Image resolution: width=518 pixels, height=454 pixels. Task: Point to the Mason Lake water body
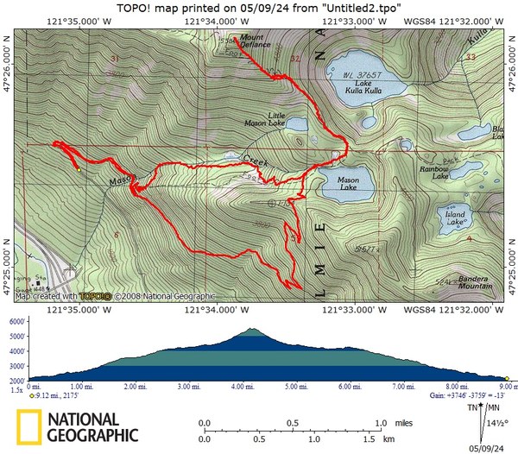(x=346, y=185)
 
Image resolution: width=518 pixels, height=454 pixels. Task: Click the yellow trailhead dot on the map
(x=79, y=170)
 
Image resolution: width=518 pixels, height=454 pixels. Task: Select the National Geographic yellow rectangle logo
(x=28, y=427)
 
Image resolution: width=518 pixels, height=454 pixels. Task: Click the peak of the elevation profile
(x=251, y=329)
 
